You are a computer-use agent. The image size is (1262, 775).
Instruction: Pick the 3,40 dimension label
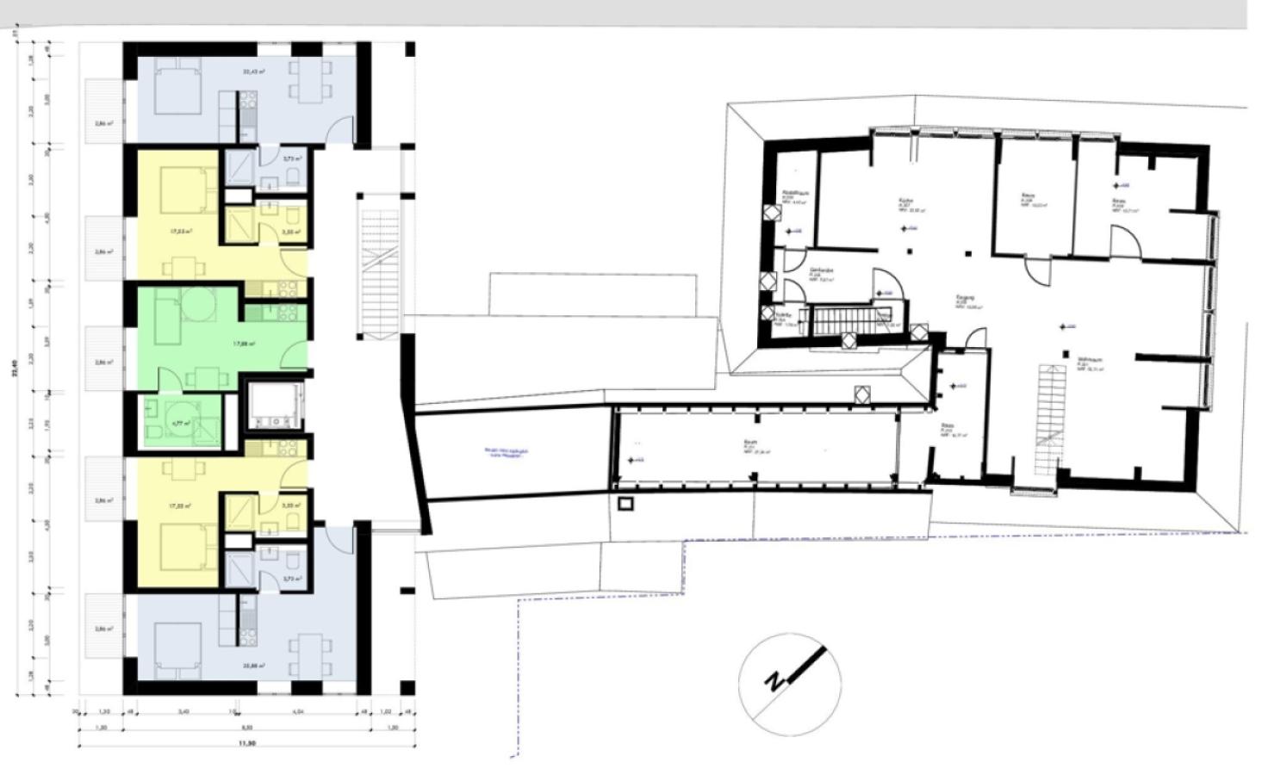(x=183, y=712)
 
